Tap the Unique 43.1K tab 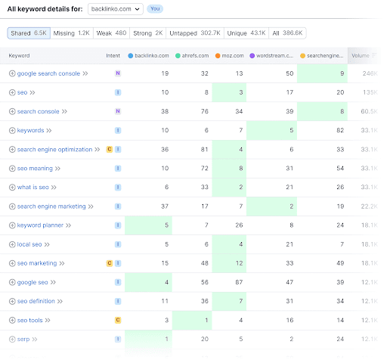[x=246, y=33]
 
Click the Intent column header [x=113, y=56]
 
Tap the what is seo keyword [x=34, y=187]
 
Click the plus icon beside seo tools [x=12, y=320]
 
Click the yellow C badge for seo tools [x=117, y=320]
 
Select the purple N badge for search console [x=117, y=111]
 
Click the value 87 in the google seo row [x=238, y=281]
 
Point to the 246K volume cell [x=370, y=73]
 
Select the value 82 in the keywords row [x=341, y=130]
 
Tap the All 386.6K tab [x=287, y=33]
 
